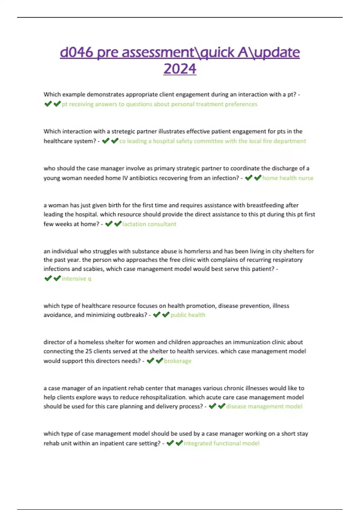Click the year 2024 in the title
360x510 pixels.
tap(180, 69)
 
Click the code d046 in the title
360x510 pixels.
tap(77, 52)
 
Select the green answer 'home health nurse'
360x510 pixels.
tap(288, 178)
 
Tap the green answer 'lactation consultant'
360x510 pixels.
tap(149, 224)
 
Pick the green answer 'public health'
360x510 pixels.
tap(188, 315)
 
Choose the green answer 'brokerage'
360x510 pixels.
tap(178, 361)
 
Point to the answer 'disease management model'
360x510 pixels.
tap(264, 406)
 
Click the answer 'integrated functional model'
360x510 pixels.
tap(221, 443)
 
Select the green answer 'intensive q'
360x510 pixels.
tap(76, 278)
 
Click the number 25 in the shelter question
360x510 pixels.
tap(88, 351)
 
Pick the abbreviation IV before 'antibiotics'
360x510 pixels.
tap(124, 178)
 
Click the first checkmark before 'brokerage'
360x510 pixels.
tap(150, 360)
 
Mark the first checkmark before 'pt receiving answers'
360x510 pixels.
tap(48, 104)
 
